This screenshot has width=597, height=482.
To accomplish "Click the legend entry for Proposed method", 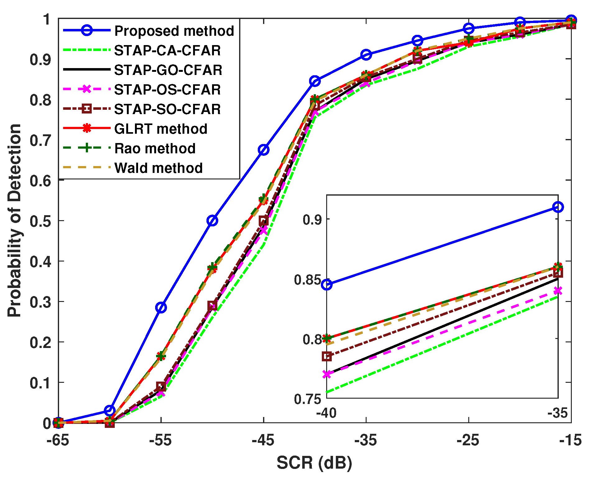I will click(x=174, y=31).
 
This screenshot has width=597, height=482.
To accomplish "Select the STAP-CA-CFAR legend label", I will click(x=167, y=50).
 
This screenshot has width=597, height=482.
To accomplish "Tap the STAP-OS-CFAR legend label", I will click(x=167, y=90).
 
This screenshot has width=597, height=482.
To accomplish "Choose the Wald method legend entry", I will click(x=159, y=168).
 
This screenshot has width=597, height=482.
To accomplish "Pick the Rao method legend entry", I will click(x=155, y=148).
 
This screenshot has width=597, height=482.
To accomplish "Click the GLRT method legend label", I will click(x=161, y=129).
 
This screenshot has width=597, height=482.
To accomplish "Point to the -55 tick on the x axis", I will click(x=160, y=441).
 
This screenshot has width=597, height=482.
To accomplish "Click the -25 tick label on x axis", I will click(x=468, y=441).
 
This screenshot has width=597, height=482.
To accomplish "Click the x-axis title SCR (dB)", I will click(x=314, y=463).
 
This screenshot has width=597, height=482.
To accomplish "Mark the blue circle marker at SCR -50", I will click(x=212, y=220).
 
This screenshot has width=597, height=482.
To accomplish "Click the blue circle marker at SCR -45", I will click(x=264, y=150).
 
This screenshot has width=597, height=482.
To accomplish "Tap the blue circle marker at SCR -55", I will click(x=161, y=308).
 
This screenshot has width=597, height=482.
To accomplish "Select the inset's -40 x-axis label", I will click(x=326, y=413).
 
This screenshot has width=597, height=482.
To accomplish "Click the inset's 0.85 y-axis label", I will click(x=303, y=280).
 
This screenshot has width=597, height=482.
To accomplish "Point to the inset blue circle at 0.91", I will click(x=558, y=207).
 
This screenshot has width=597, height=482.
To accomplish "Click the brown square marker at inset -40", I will click(x=327, y=356).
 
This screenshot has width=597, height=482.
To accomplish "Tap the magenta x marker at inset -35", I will click(x=558, y=291).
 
